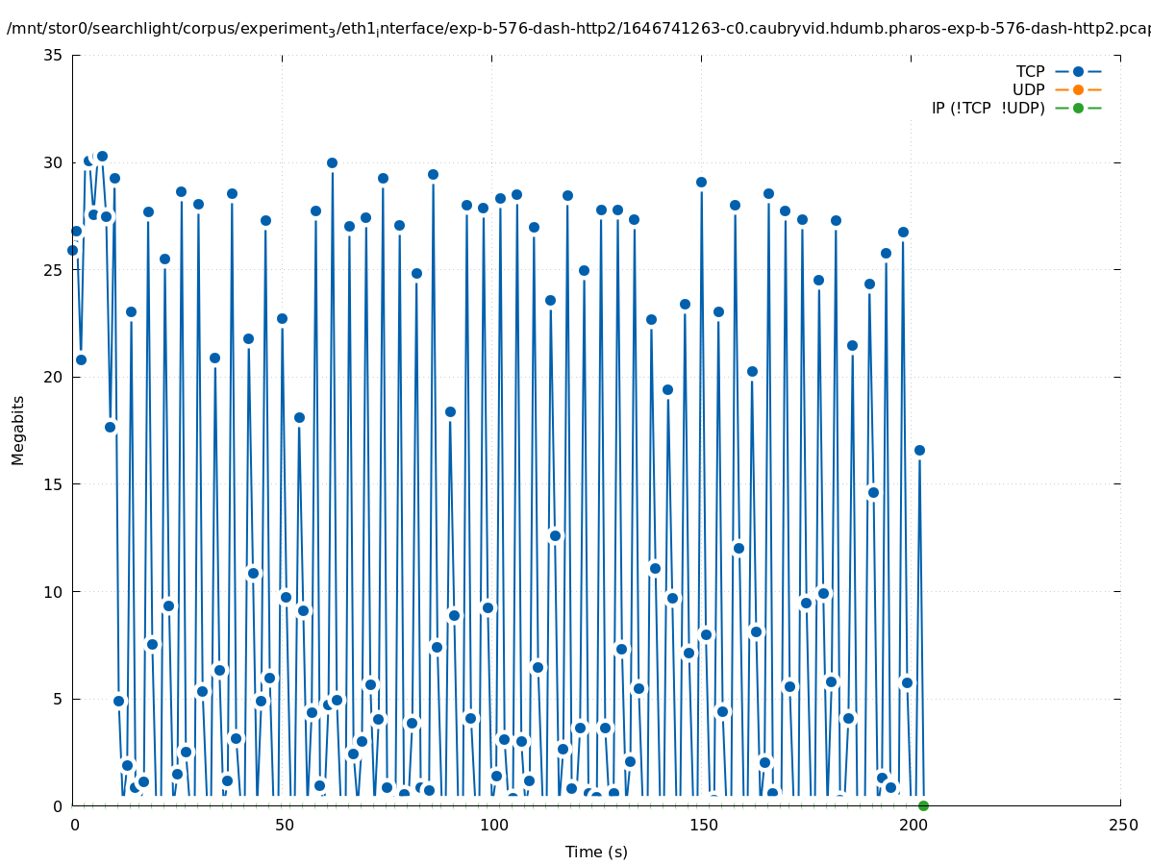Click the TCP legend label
[1030, 71]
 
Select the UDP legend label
[1028, 89]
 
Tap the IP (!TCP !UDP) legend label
[988, 108]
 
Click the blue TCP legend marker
[1078, 71]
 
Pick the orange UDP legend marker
[1078, 89]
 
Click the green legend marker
[1078, 108]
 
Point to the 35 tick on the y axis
[54, 55]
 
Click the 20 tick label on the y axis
[54, 377]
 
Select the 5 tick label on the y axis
[58, 699]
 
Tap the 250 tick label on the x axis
[1121, 825]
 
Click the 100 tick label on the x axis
[493, 825]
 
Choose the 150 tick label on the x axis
[703, 825]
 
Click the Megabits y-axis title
[18, 430]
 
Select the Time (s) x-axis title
[596, 852]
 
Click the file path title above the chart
[578, 29]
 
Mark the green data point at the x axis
[923, 805]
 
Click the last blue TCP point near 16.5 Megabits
[919, 450]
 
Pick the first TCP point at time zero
[72, 250]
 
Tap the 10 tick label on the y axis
[54, 591]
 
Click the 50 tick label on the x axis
[284, 825]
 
